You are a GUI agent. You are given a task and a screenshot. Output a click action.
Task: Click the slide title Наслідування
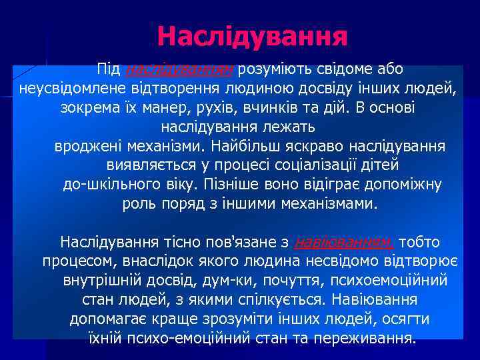tap(253, 36)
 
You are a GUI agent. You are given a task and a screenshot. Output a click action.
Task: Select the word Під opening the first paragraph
tap(108, 69)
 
